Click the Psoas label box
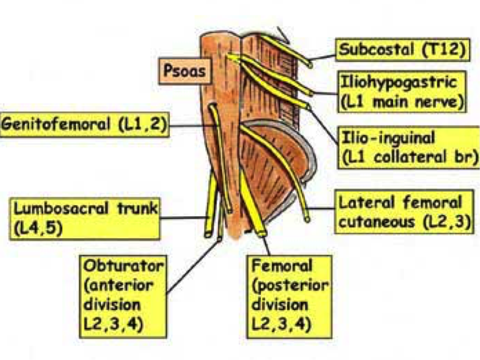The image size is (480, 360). pyautogui.click(x=185, y=71)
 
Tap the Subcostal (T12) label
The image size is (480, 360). pyautogui.click(x=402, y=50)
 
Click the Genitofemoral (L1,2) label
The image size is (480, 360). pyautogui.click(x=84, y=125)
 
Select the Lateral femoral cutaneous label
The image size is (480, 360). pyautogui.click(x=404, y=211)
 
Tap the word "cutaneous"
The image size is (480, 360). pyautogui.click(x=379, y=221)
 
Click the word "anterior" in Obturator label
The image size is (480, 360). pyautogui.click(x=119, y=286)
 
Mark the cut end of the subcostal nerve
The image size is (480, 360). pyautogui.click(x=311, y=64)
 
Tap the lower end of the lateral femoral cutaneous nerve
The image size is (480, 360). pyautogui.click(x=307, y=219)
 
